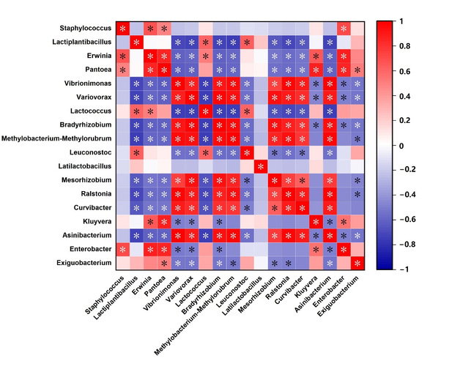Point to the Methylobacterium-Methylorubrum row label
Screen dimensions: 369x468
pyautogui.click(x=58, y=138)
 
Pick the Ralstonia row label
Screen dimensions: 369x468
pyautogui.click(x=91, y=194)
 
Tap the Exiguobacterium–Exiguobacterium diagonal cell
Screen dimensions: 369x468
pyautogui.click(x=357, y=262)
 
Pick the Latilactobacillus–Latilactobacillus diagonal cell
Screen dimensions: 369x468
pyautogui.click(x=261, y=166)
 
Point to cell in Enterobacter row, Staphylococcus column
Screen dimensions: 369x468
pyautogui.click(x=123, y=249)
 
